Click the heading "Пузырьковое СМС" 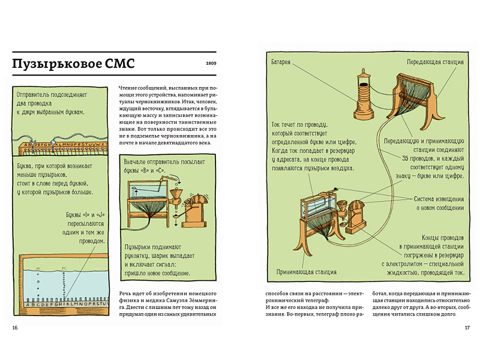tap(74, 63)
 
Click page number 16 tap(15, 328)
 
